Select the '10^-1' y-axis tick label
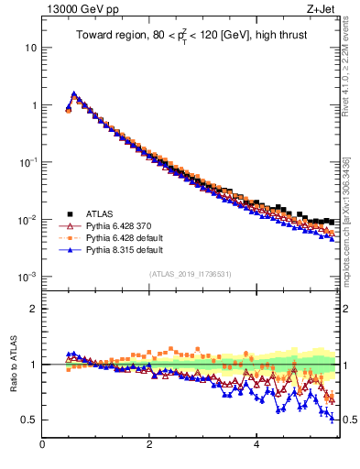[27, 162]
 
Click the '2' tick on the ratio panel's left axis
[34, 309]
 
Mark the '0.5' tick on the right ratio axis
[349, 420]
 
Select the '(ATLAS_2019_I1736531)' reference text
[191, 274]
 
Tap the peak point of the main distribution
[74, 93]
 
